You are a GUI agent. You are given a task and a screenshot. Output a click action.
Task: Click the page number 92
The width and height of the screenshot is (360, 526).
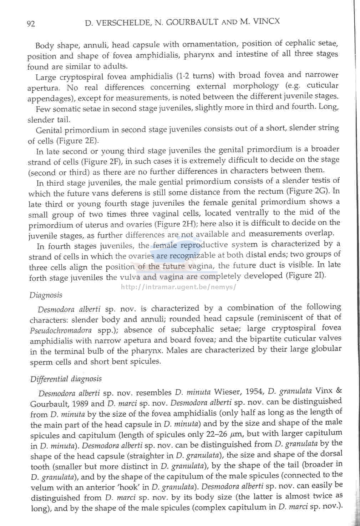click(31, 24)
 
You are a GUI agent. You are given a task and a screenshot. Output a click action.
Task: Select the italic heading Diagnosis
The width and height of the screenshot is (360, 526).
click(46, 295)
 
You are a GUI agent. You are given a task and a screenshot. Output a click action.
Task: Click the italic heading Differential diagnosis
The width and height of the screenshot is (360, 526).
click(66, 379)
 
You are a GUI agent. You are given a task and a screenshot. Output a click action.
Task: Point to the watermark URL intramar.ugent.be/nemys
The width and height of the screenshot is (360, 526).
click(178, 287)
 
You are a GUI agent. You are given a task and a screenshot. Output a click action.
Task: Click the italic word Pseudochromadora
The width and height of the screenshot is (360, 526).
click(61, 330)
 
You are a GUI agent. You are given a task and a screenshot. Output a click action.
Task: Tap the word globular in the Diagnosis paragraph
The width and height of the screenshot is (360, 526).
click(326, 349)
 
